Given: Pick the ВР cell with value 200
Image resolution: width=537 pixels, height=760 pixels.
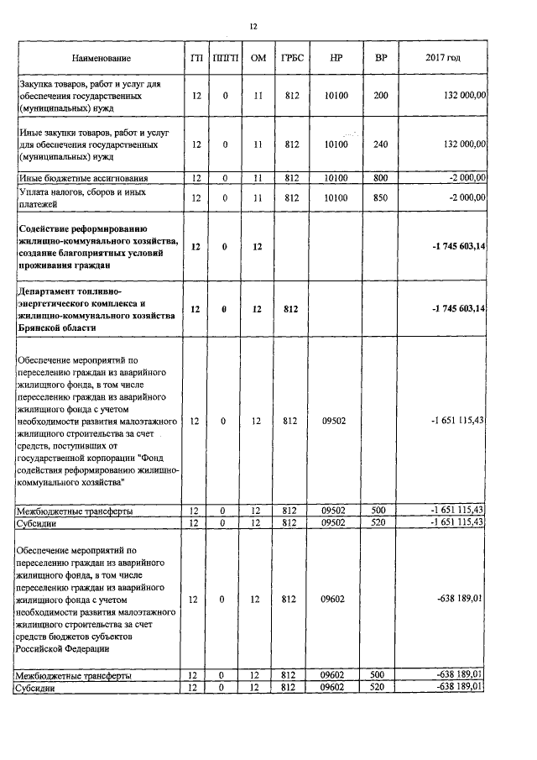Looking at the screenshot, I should tap(381, 97).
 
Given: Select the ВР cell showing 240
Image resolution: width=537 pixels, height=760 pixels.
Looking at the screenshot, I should tap(381, 144).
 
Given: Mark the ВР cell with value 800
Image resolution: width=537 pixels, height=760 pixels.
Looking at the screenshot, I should tap(381, 178).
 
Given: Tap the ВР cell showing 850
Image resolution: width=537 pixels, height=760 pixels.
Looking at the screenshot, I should tap(381, 198).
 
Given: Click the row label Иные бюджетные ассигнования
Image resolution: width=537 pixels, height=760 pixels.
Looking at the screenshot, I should tap(83, 178).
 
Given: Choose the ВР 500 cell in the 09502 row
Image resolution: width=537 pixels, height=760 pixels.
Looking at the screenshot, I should tap(381, 511).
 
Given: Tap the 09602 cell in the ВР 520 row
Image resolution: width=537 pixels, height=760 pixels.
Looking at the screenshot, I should tap(336, 688).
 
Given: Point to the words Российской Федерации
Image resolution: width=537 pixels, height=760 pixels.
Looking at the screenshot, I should tap(62, 647).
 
